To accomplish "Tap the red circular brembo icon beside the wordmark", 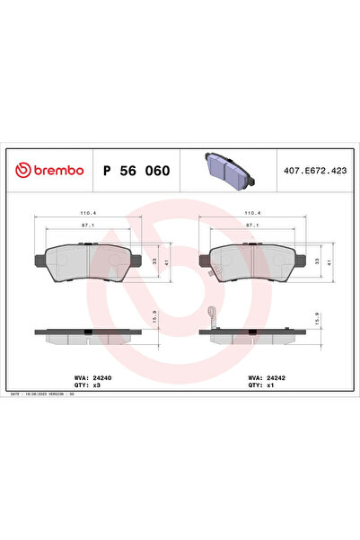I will point(21,169).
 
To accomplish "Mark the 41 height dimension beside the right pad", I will point(329,261).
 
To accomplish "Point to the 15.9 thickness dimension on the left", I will point(154,318).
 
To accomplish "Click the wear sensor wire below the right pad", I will point(213,316).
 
